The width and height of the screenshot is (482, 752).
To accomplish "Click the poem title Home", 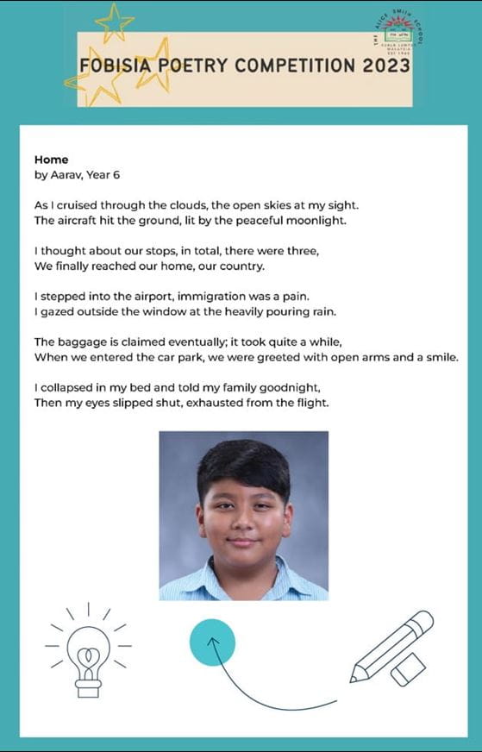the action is click(x=51, y=160).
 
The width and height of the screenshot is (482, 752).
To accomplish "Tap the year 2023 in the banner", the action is click(x=385, y=66).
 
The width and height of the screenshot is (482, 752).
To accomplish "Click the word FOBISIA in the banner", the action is click(x=113, y=66).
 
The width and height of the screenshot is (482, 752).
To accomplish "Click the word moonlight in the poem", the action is click(x=310, y=221).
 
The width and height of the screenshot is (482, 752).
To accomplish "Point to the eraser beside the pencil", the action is click(x=409, y=668).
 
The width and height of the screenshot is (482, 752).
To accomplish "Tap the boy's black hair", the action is click(x=243, y=466).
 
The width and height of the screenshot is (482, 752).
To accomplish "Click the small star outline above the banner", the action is click(x=114, y=22).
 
